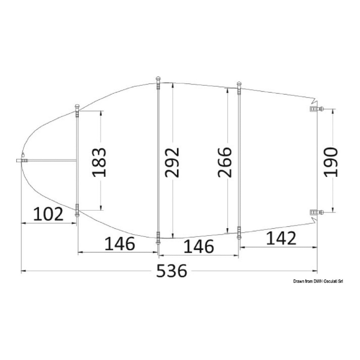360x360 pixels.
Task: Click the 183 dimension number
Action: click(99, 162)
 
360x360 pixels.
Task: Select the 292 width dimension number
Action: click(172, 162)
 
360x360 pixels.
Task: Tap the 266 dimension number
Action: click(225, 162)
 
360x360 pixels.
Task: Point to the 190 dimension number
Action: click(331, 162)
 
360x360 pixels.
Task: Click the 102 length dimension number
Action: click(48, 214)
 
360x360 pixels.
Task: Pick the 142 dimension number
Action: click(281, 238)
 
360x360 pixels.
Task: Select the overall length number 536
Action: click(172, 271)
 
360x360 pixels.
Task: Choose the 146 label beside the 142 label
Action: click(199, 247)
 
